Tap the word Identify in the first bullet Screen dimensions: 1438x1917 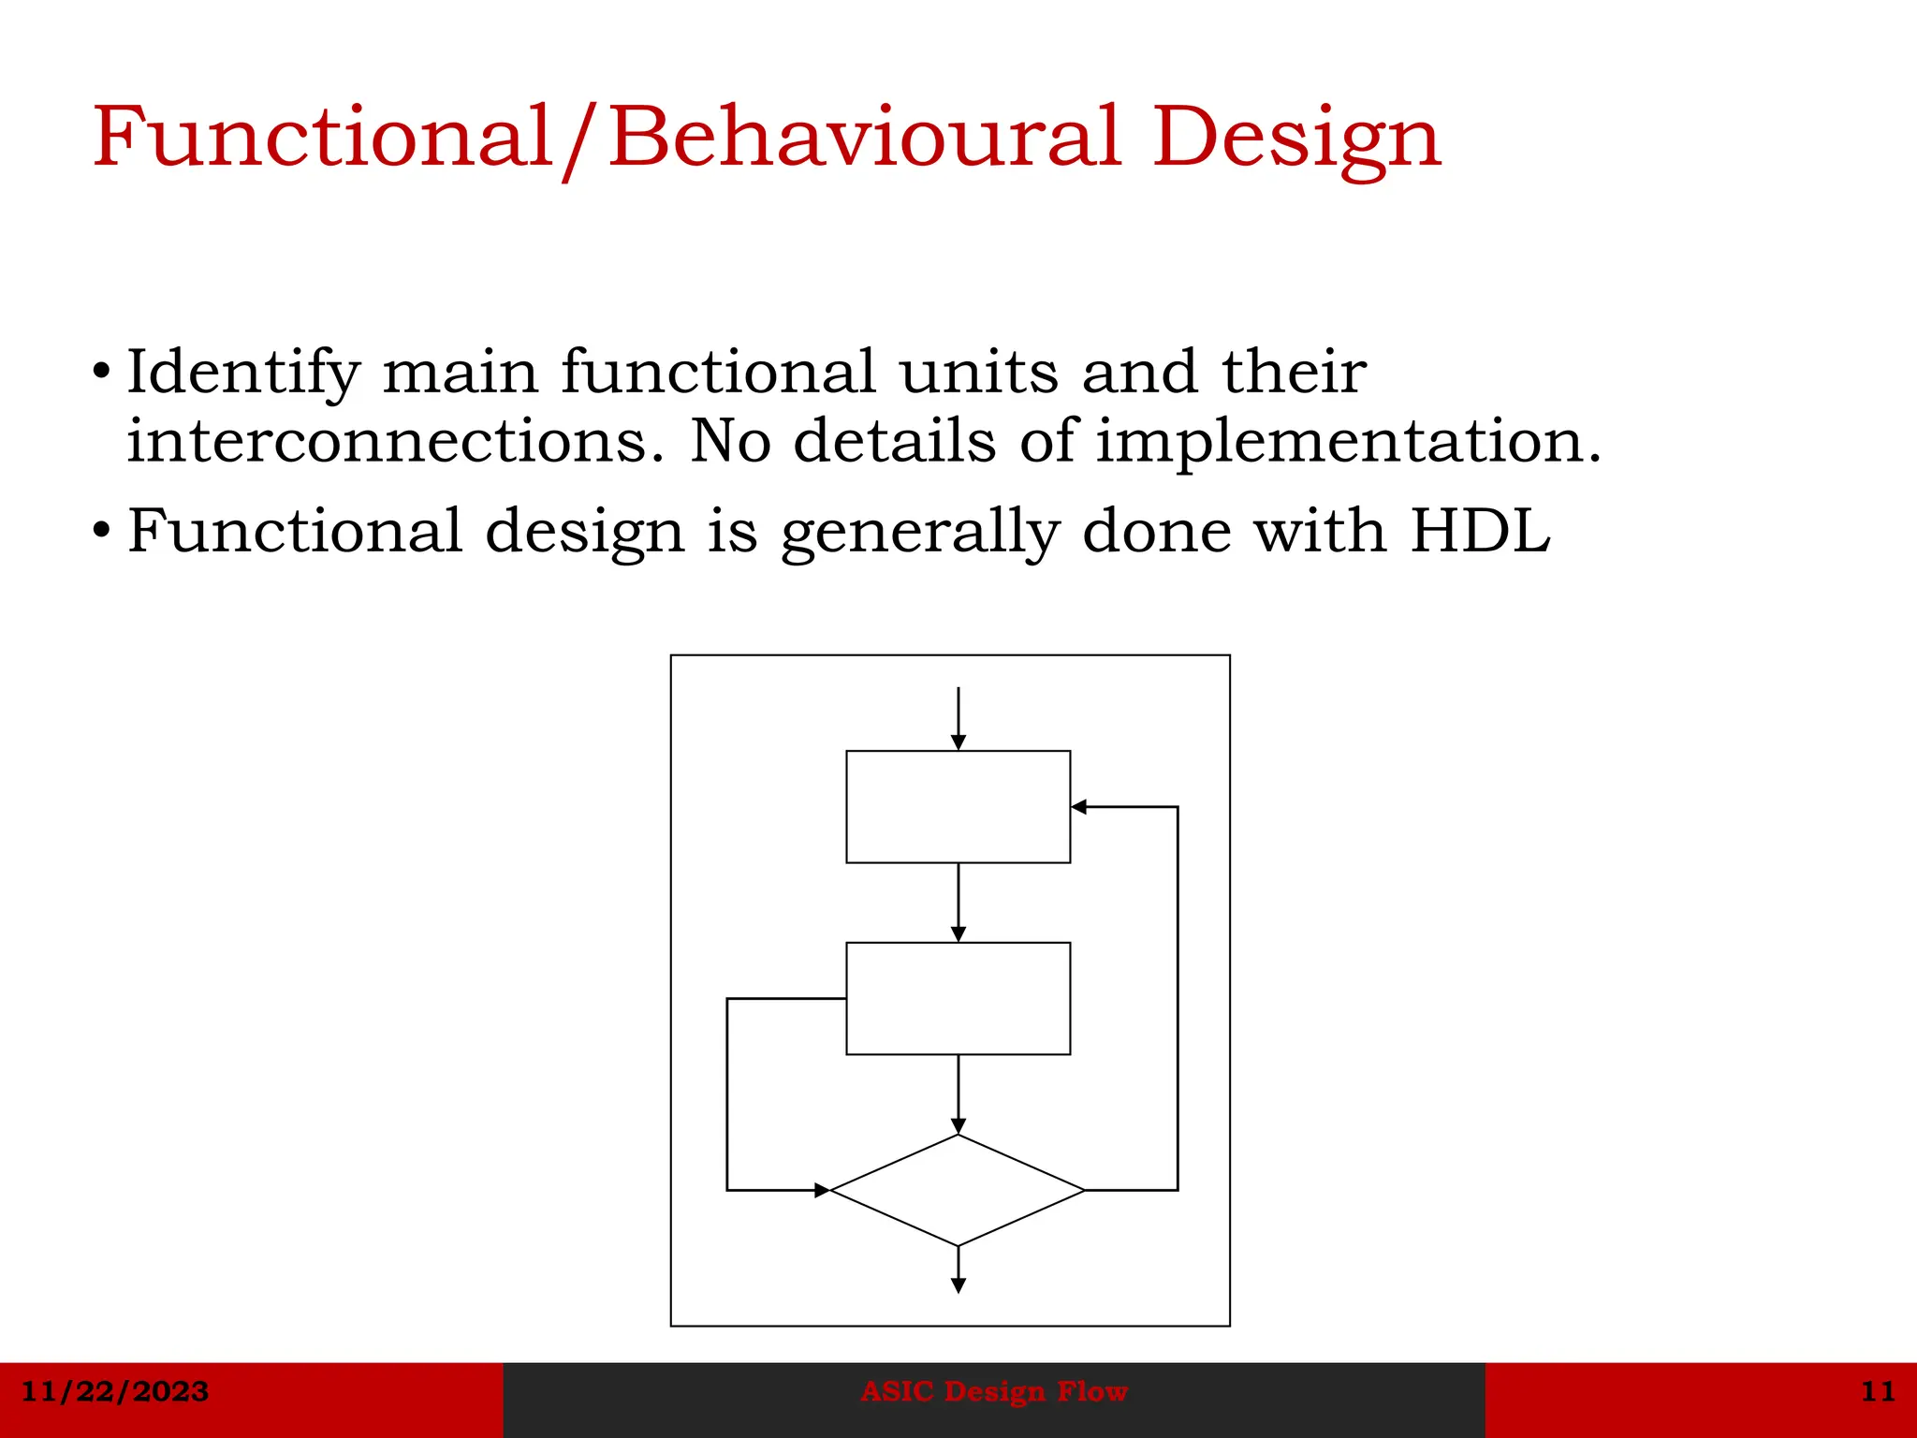pos(242,374)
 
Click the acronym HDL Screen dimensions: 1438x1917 pos(1480,531)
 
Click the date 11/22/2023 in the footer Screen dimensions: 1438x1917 pos(114,1391)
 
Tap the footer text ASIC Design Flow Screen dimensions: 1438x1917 pos(994,1391)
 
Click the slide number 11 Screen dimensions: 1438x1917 pos(1878,1391)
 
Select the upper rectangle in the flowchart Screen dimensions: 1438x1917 pos(958,806)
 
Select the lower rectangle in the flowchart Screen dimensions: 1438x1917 pos(958,998)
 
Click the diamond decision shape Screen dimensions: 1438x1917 pos(958,1190)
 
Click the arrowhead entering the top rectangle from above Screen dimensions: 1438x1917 pos(958,742)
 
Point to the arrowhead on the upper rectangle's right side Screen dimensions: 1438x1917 pos(1079,806)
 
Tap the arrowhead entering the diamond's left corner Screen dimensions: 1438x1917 pos(822,1190)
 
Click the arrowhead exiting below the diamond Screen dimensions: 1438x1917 pos(958,1285)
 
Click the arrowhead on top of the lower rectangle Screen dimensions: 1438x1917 pos(958,934)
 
